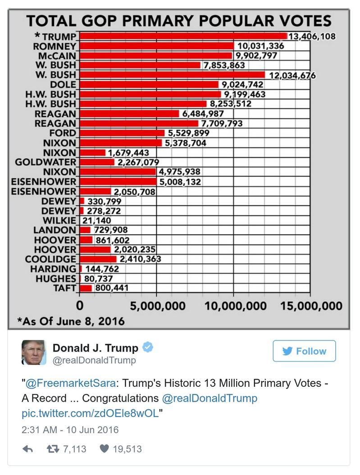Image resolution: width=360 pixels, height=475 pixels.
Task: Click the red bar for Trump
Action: (x=183, y=36)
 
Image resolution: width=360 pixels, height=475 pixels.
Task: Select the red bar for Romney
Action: (x=156, y=46)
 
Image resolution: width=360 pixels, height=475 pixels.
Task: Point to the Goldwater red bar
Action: (x=97, y=162)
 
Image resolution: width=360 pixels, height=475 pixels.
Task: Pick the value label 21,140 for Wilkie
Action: (x=96, y=221)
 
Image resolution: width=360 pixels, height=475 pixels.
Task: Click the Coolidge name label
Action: (x=50, y=259)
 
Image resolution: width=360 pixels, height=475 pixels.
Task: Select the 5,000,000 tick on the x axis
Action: (x=157, y=306)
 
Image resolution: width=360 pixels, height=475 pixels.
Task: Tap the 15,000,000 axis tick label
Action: (x=311, y=306)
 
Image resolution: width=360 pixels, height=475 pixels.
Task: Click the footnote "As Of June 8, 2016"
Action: (x=71, y=321)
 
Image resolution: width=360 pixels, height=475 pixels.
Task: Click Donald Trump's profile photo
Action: (x=34, y=352)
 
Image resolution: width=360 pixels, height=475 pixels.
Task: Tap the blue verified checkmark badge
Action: (x=148, y=348)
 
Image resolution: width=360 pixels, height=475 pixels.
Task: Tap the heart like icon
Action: (x=105, y=449)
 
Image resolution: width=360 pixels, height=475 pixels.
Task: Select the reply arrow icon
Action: (x=27, y=449)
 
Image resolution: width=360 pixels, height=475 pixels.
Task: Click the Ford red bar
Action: (x=122, y=133)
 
